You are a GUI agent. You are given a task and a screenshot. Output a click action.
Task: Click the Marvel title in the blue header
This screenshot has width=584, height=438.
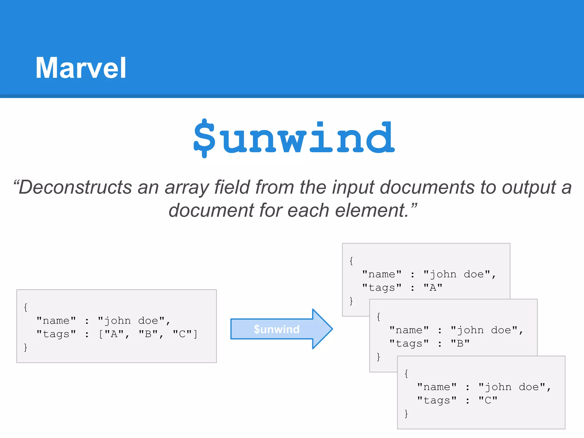point(81,68)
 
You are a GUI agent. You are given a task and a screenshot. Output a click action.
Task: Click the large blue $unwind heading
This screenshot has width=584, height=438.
point(294,138)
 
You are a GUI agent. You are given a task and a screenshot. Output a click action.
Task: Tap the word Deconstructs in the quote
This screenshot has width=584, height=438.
point(75,187)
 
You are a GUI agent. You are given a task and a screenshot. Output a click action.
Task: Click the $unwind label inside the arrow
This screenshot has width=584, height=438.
point(277,329)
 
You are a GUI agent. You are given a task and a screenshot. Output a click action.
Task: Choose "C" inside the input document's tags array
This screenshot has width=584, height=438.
point(182,334)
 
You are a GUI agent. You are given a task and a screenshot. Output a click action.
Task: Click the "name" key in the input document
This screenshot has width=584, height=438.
point(56,321)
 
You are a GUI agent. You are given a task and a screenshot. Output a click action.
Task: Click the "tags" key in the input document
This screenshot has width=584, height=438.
point(56,334)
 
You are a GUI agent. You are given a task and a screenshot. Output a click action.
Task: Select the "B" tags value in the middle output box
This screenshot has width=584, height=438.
point(460,343)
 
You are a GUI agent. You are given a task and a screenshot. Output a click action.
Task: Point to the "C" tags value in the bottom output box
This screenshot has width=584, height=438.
point(488,400)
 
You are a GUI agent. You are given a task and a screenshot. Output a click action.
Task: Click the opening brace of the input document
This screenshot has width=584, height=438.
point(26,307)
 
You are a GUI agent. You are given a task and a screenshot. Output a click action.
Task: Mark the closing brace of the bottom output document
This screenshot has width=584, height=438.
point(406,413)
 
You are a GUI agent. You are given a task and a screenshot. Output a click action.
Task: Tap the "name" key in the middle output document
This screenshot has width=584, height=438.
point(409,330)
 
